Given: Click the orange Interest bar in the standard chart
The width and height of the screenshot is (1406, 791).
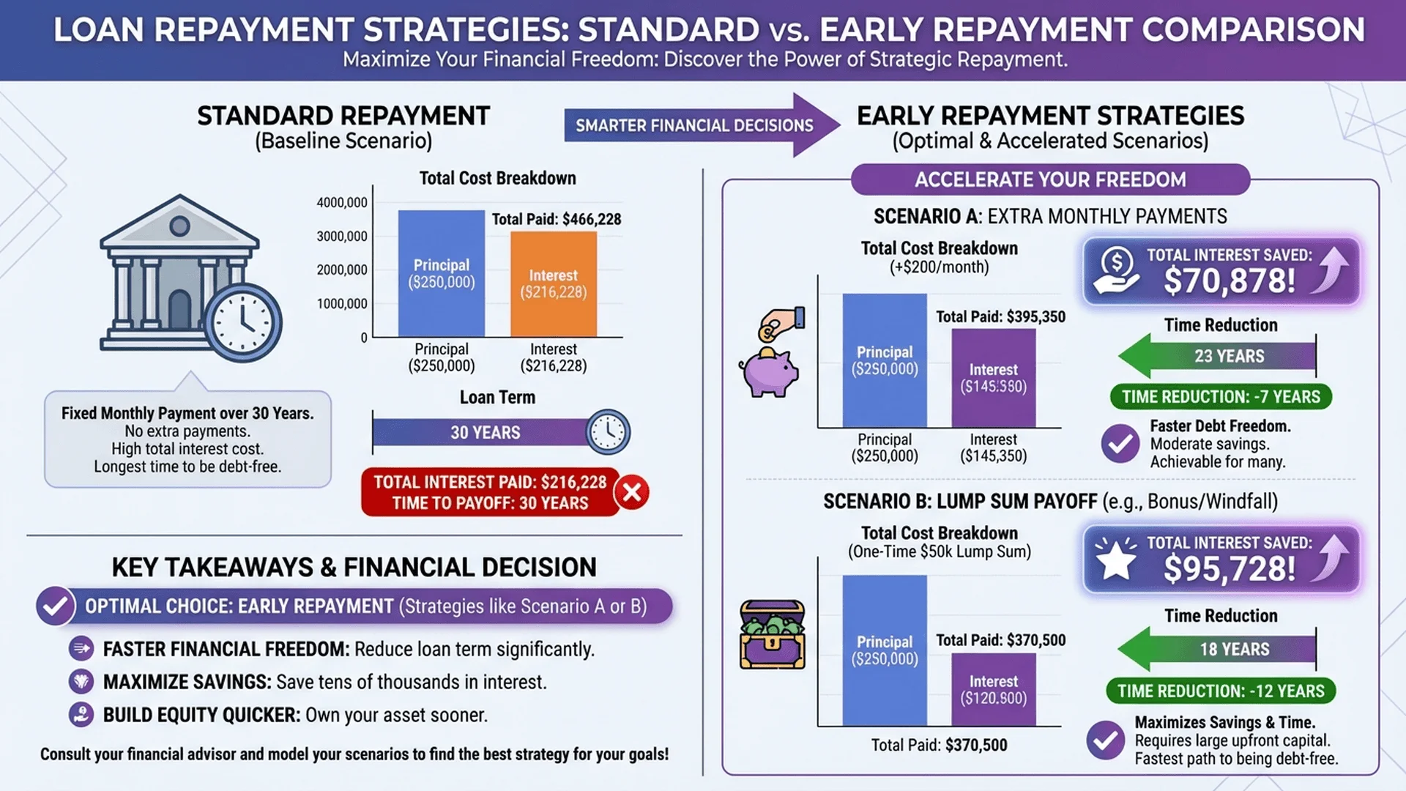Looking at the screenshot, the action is tap(554, 284).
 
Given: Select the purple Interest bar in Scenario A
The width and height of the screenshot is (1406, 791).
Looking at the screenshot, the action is tap(994, 378).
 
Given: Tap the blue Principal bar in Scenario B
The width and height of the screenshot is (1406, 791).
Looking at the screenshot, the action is tap(885, 650).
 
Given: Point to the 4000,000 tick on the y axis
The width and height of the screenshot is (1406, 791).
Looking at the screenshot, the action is tap(342, 203).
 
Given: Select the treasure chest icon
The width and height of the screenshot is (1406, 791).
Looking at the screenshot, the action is tap(772, 634).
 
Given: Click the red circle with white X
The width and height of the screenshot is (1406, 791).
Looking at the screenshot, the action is tap(633, 492).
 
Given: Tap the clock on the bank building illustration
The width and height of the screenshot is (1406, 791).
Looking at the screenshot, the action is tap(243, 322).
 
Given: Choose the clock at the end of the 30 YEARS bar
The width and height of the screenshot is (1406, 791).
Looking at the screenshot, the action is tap(608, 432).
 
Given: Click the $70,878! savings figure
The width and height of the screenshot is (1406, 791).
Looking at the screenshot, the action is tap(1230, 281).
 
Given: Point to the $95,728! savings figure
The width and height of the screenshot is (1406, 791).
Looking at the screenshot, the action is tap(1230, 569).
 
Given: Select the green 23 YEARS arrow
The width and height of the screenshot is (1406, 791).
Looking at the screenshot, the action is tap(1217, 356).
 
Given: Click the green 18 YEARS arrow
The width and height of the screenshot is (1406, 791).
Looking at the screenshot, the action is tap(1217, 649).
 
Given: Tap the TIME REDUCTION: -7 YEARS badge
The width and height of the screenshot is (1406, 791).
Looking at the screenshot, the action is tap(1221, 397).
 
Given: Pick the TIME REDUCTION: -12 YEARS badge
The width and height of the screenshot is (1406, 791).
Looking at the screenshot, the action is tap(1221, 691).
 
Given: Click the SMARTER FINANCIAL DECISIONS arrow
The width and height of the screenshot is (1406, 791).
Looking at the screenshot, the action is tap(702, 125).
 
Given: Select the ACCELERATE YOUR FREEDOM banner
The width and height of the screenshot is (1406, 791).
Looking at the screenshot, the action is tap(1050, 179).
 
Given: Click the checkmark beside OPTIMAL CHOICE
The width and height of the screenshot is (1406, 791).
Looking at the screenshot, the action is tap(56, 606).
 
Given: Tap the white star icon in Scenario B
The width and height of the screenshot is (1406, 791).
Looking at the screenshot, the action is tap(1115, 561).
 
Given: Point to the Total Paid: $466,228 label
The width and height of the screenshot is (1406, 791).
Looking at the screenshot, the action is tap(557, 219).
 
